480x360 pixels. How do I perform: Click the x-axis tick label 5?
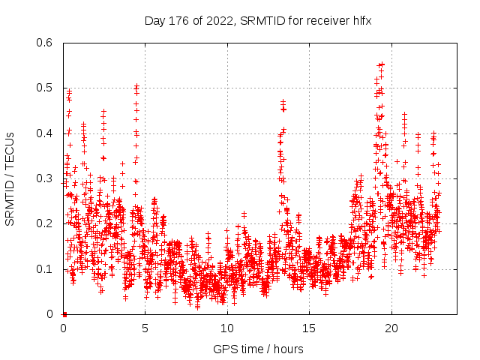145,328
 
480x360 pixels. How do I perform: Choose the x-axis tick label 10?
227,328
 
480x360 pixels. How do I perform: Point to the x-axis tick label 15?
309,328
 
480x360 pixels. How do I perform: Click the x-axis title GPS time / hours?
259,349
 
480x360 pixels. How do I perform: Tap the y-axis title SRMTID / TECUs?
10,178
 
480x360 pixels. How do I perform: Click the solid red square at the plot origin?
64,314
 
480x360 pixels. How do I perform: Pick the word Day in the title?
154,20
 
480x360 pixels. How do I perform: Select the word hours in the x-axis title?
289,349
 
